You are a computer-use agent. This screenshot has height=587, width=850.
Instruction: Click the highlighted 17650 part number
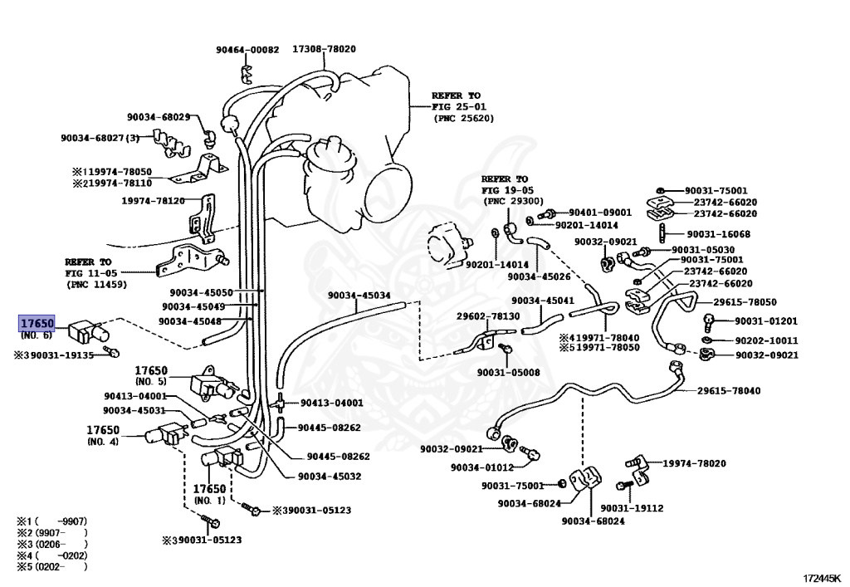(x=37, y=322)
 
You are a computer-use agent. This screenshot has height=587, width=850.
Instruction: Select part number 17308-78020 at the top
(x=324, y=49)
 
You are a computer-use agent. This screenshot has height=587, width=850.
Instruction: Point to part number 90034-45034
(x=359, y=296)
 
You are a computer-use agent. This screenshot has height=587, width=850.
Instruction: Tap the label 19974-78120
(x=154, y=200)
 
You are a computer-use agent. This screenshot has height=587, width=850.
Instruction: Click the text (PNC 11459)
(x=96, y=284)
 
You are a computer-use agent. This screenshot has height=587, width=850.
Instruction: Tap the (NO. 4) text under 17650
(x=103, y=442)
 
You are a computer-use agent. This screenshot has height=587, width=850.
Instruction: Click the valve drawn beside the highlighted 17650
(x=85, y=331)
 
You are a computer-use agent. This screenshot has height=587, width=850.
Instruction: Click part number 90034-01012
(x=482, y=467)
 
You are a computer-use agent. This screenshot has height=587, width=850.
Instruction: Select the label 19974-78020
(x=693, y=463)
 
